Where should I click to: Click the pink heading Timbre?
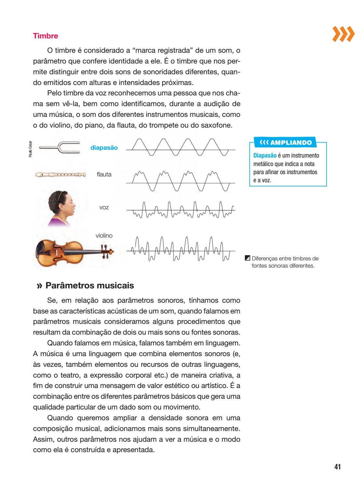pos(46,36)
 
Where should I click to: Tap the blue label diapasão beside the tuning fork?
pos(104,147)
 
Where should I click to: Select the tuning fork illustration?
pos(60,147)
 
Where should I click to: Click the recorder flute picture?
pos(60,175)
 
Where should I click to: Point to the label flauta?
pos(104,174)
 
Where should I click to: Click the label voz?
pos(104,207)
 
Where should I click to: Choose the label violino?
pos(104,235)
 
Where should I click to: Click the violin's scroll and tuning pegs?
pos(107,252)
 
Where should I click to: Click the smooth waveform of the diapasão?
pos(180,147)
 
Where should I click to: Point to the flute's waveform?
pos(180,181)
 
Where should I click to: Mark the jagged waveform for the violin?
pos(180,249)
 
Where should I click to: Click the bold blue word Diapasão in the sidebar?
pos(265,156)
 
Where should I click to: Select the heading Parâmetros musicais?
pos(89,285)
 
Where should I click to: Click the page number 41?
pos(337,467)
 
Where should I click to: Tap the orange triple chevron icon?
pos(343,34)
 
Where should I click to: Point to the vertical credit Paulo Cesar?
pos(30,149)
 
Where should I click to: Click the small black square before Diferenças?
pos(247,258)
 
